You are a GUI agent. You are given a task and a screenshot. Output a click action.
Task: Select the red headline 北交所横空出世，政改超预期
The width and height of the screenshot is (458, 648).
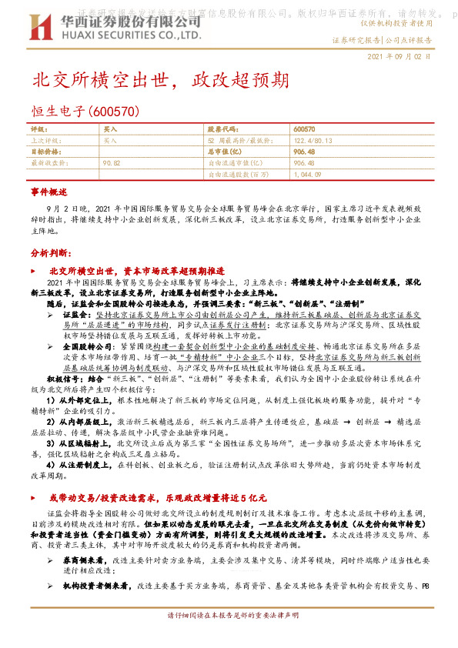[160, 81]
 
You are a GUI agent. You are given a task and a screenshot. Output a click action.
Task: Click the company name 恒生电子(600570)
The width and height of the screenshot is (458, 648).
[85, 112]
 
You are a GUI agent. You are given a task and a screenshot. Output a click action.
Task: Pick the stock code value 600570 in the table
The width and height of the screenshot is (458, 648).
[304, 130]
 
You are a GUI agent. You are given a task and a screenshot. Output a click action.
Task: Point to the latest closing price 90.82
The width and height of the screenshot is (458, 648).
[112, 163]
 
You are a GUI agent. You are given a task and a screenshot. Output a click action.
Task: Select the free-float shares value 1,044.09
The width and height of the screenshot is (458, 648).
[307, 175]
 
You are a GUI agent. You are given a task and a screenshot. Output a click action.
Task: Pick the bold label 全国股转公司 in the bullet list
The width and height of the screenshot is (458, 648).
[85, 347]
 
